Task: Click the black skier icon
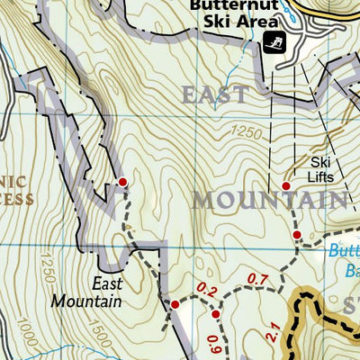(x=274, y=41)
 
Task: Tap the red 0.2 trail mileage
(x=206, y=290)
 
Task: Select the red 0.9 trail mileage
(x=213, y=343)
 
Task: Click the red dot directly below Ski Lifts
(x=286, y=186)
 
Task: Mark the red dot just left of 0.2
(x=175, y=304)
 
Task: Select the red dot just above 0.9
(x=216, y=314)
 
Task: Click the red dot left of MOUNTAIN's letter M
(x=122, y=183)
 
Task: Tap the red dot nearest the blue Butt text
(x=296, y=235)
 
